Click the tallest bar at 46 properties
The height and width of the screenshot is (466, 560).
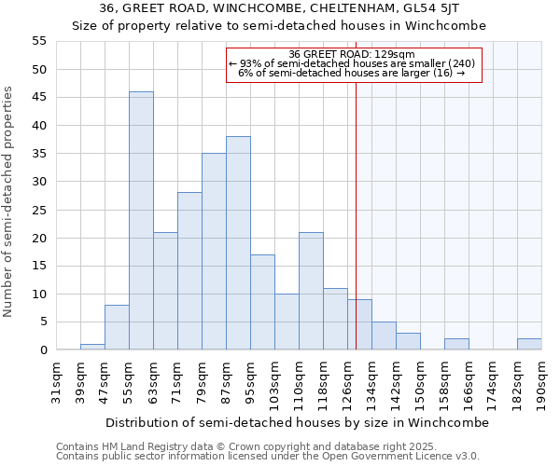point(141,221)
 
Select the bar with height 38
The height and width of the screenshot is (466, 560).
point(238,243)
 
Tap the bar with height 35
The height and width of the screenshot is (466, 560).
point(214,252)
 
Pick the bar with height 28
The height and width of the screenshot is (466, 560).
point(189,271)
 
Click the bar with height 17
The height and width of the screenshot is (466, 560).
point(262,302)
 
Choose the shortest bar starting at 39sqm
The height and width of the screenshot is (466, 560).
point(92,347)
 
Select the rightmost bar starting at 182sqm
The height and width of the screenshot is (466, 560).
point(529,344)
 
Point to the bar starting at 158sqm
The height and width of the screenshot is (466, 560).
point(456,344)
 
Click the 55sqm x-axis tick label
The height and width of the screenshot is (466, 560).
point(129,383)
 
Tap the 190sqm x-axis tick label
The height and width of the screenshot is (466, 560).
point(541,383)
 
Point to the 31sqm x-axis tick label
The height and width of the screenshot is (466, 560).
point(56,383)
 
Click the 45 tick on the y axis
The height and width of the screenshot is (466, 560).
point(39,98)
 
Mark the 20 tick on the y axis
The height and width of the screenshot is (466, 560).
point(39,238)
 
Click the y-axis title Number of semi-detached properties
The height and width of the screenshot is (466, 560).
point(9,200)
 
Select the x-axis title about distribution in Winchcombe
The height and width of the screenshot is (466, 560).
point(297,422)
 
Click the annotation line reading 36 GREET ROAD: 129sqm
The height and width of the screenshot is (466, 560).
point(353,54)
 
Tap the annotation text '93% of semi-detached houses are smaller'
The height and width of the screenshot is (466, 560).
point(353,63)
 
